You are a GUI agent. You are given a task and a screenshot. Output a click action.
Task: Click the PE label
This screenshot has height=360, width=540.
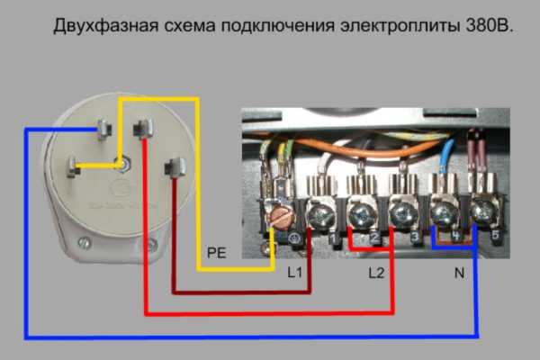pos(216,253)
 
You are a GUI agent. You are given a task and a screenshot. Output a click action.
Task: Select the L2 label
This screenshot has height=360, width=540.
pos(375,271)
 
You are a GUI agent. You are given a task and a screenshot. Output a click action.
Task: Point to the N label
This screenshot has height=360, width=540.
pos(459,271)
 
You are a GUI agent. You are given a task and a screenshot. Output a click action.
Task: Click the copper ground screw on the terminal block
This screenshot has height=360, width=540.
pos(282,217)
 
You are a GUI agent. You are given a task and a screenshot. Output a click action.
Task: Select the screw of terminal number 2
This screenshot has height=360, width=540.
pos(361,214)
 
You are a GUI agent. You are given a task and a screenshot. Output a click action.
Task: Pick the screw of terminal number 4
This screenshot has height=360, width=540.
pos(442,214)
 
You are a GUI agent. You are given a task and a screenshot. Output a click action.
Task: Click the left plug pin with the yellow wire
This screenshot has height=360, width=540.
pos(73,167)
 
